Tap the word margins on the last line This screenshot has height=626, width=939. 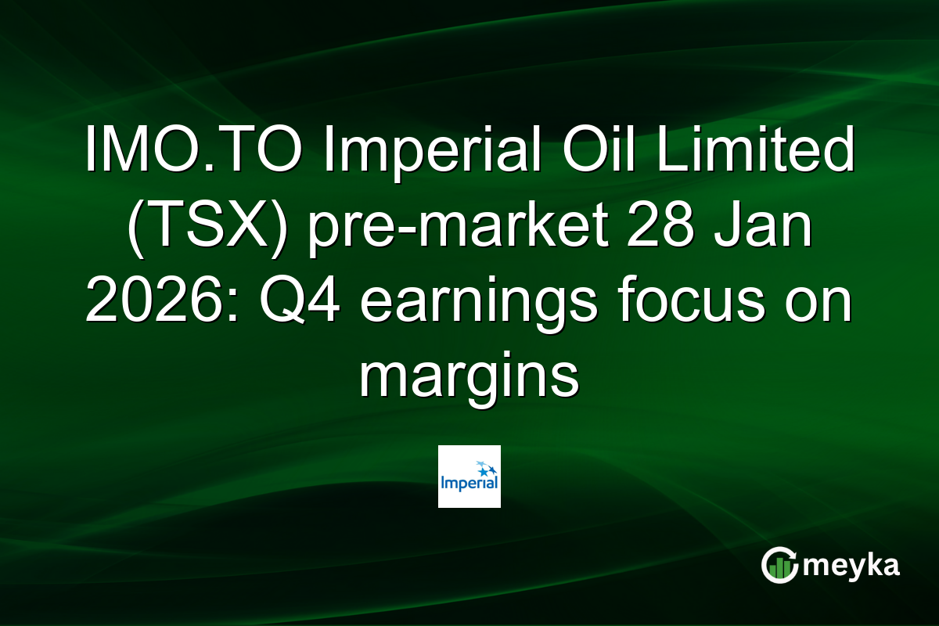(x=469, y=379)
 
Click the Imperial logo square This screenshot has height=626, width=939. (x=469, y=477)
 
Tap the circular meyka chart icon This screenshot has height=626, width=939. (x=779, y=565)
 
